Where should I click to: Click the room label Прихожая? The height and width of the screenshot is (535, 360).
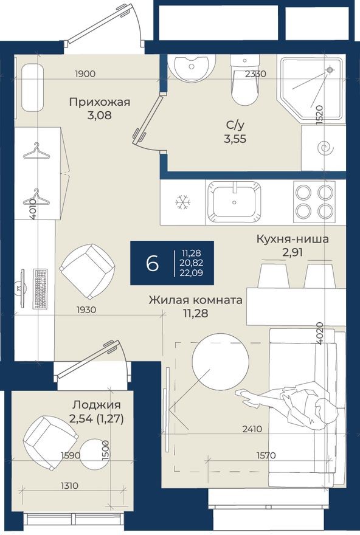coord(100,102)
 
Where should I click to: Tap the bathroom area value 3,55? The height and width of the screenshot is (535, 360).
coord(236,138)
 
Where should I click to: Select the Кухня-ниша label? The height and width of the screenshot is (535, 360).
coord(292,239)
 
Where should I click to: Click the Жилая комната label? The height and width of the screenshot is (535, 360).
coord(196,300)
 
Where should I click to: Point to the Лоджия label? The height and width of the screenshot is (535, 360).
coord(95,405)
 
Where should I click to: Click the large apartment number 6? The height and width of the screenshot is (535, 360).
coord(152,263)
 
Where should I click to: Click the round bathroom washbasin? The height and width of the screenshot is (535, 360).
coord(191,67)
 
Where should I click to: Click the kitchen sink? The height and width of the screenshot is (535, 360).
coord(234,201)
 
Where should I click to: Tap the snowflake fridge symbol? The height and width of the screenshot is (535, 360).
coord(182,202)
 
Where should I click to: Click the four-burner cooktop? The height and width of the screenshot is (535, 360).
coord(314,201)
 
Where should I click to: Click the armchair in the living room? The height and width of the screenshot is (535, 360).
coord(87,271)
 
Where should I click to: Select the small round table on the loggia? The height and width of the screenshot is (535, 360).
coord(97,454)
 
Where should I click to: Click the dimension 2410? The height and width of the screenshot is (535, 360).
coord(252,429)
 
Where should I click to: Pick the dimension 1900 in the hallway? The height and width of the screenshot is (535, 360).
coord(85,74)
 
